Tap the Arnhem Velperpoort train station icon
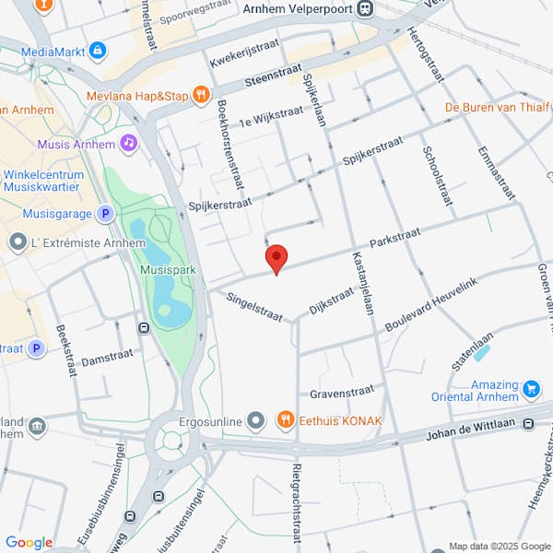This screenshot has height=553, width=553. click(x=366, y=8)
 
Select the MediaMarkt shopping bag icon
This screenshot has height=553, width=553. click(x=98, y=49)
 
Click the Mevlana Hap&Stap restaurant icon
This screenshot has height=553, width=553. click(x=201, y=95)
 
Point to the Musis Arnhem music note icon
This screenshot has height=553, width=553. click(x=129, y=144)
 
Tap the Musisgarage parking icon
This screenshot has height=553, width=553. click(x=105, y=214)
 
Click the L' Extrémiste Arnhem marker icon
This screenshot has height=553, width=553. click(x=17, y=242)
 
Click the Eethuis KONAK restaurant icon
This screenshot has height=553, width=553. click(x=285, y=421)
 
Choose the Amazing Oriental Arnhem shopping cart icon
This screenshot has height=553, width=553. click(x=530, y=389)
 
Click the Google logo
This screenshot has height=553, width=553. click(x=29, y=542)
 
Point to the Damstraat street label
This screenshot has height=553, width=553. click(x=108, y=357)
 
